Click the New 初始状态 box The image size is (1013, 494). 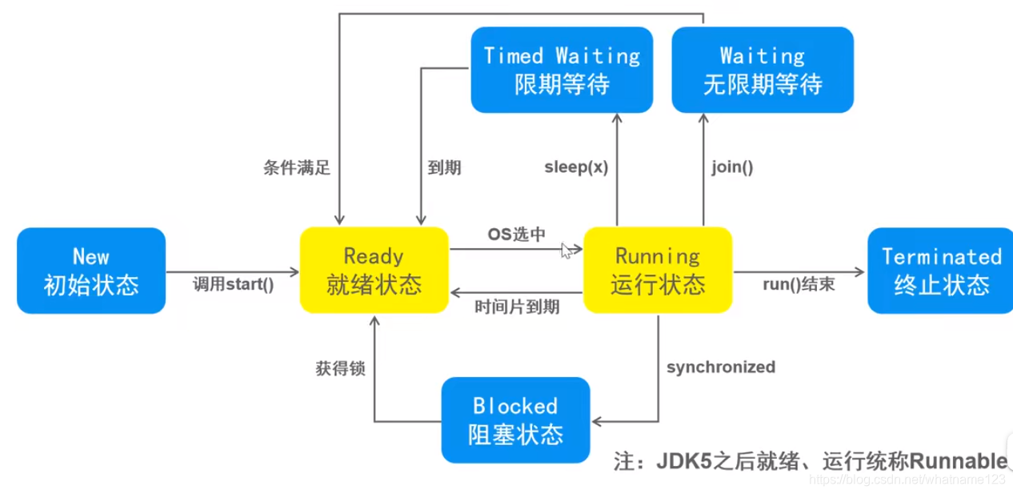(x=91, y=271)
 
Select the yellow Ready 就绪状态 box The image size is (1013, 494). (x=374, y=270)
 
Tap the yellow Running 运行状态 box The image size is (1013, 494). (x=658, y=270)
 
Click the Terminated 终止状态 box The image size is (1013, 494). (x=941, y=271)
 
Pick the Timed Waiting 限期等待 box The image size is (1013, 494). (x=562, y=70)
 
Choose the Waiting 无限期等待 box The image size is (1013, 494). (x=763, y=70)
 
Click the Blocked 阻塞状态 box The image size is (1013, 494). (x=515, y=420)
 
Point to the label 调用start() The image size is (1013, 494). (x=233, y=283)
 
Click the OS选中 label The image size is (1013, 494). (x=517, y=234)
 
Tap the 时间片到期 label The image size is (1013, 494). (x=517, y=307)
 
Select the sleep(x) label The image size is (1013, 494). (x=576, y=167)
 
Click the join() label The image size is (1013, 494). (x=732, y=167)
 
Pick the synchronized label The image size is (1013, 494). (x=721, y=367)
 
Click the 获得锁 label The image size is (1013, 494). (x=340, y=368)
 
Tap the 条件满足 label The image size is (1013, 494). (x=297, y=167)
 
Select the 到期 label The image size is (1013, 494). (x=444, y=167)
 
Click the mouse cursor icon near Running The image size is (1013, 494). (x=567, y=251)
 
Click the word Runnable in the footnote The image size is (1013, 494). (x=957, y=460)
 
